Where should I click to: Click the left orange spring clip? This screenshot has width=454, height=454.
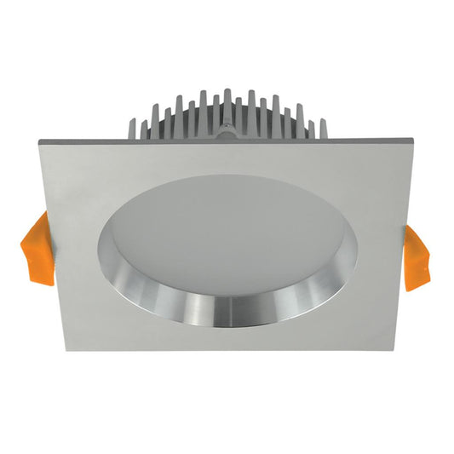(x=37, y=247)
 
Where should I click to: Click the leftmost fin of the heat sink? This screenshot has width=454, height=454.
(x=143, y=129)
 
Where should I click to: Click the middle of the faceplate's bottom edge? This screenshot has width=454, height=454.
(x=227, y=350)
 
